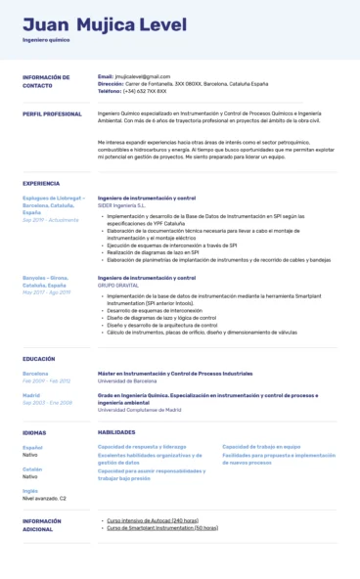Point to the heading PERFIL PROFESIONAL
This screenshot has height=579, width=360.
tap(52, 113)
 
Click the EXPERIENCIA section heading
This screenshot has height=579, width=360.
tap(41, 183)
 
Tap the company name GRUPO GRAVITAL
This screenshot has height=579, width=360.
tap(118, 285)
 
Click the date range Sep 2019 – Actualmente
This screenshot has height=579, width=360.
tap(50, 220)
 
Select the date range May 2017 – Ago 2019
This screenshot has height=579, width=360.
tap(47, 291)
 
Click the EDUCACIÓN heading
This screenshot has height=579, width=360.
tap(39, 359)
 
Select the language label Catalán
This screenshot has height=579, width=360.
tap(32, 468)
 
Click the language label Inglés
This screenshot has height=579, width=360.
tap(30, 490)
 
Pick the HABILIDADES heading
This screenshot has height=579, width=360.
tap(116, 431)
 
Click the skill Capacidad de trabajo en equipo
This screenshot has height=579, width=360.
tap(261, 446)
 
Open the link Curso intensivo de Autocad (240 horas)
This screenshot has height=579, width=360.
tap(153, 521)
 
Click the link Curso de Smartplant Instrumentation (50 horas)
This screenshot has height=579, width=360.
tap(161, 528)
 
